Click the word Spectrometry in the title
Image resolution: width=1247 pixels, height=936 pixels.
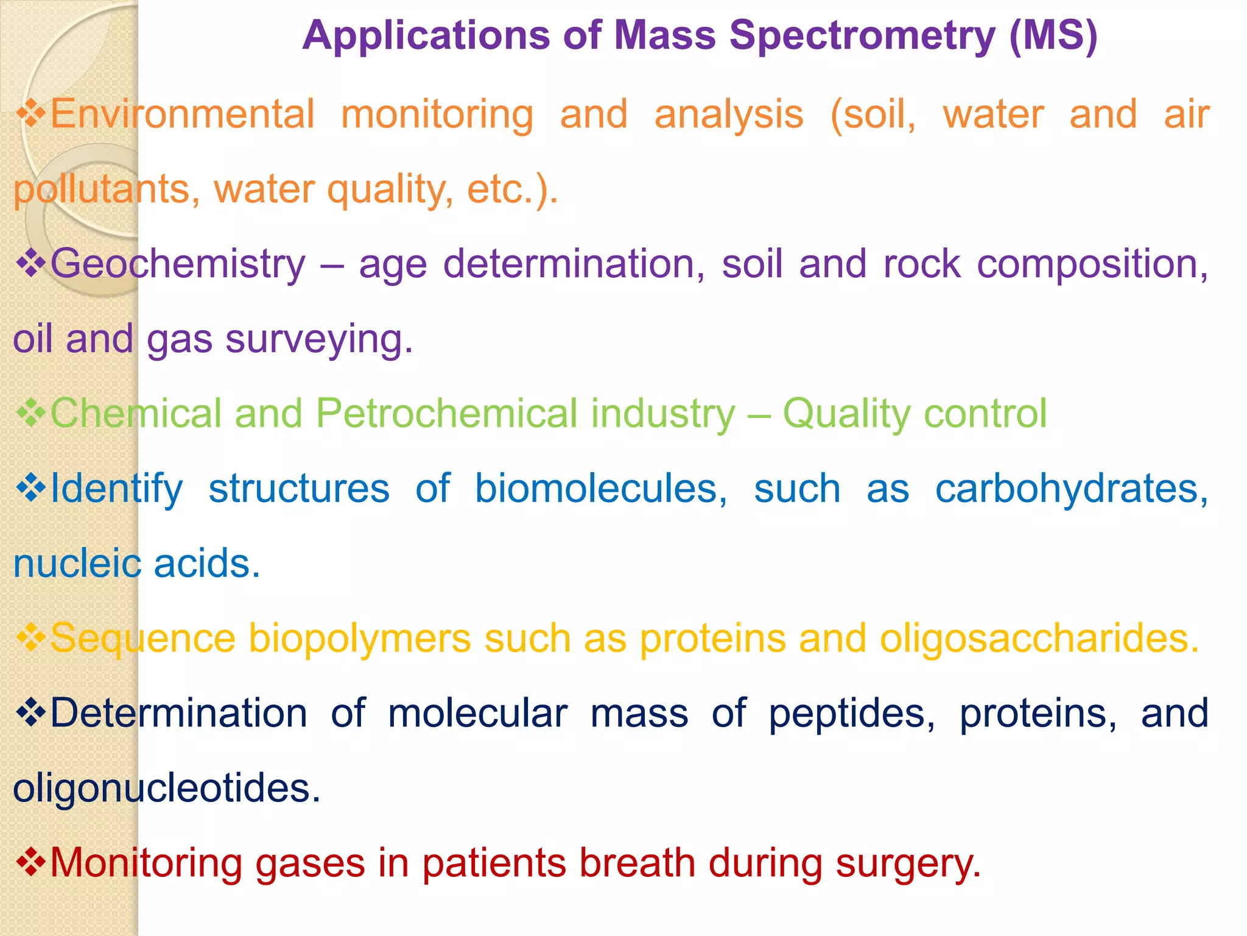tap(862, 37)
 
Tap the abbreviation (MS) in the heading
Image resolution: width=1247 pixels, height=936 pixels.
tap(1053, 35)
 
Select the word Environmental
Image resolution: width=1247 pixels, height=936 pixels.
tap(182, 114)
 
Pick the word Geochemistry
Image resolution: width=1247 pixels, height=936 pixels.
tap(178, 264)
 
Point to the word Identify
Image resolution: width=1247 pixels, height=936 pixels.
tap(116, 489)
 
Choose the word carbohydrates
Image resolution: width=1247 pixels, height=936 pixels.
tap(1072, 489)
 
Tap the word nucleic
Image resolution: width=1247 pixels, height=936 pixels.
tap(77, 563)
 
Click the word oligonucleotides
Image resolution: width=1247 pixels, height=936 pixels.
tap(166, 788)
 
